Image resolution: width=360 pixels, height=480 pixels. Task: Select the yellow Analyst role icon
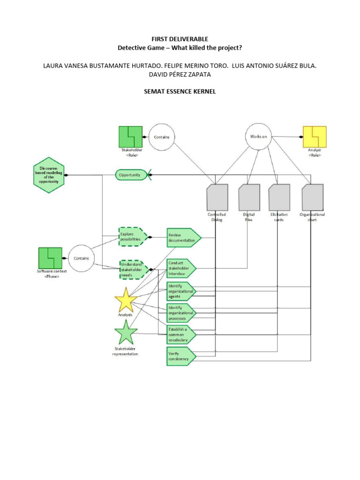[x=315, y=137]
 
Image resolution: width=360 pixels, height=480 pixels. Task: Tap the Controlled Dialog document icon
[x=217, y=197]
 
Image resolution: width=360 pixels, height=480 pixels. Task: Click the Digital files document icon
[x=249, y=197]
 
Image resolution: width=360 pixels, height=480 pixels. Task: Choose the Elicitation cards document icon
[x=279, y=197]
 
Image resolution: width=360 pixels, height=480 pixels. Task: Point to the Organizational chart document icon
[x=312, y=197]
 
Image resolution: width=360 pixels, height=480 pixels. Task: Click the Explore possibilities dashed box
[x=133, y=237]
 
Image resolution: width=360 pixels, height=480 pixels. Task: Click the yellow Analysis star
[x=126, y=301]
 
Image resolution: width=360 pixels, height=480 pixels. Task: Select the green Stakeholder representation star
[x=126, y=333]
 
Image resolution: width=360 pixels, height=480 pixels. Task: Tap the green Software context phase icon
[x=50, y=258]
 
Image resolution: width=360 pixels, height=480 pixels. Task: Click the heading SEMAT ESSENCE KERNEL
[x=180, y=92]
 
